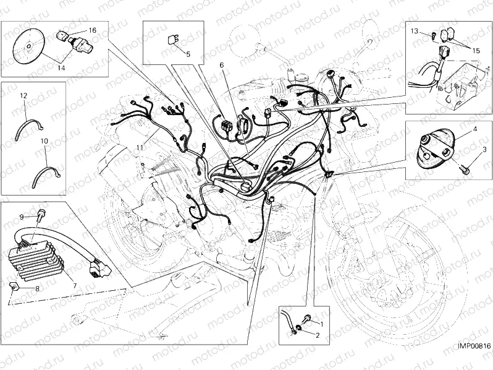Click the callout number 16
(92, 30)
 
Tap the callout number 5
(188, 54)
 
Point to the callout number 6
(221, 65)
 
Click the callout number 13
(415, 30)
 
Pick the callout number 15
(476, 49)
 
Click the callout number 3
(484, 150)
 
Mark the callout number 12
(23, 96)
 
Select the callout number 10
(44, 141)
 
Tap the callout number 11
(140, 147)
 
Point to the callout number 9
(21, 217)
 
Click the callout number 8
(37, 288)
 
